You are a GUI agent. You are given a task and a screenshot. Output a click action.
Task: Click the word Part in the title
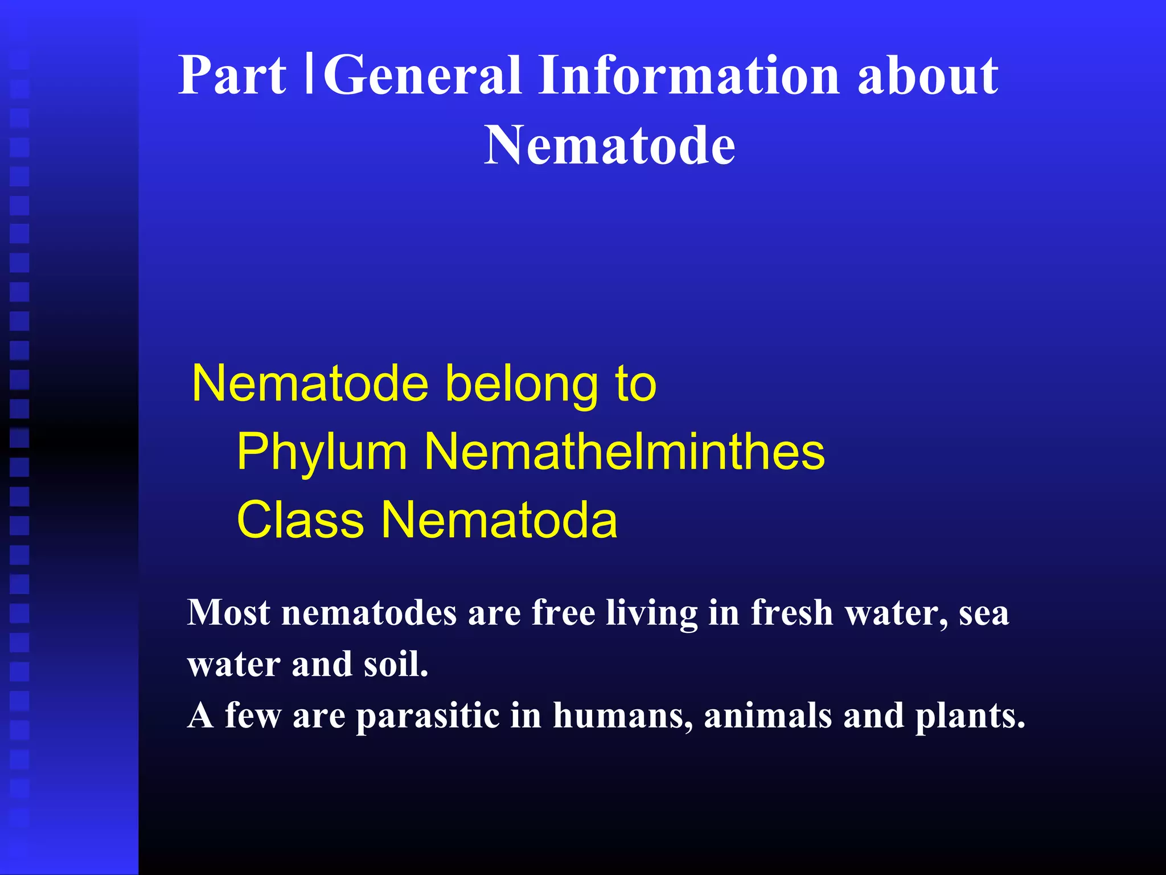pos(232,76)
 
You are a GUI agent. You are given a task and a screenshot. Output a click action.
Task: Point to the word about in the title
pos(927,76)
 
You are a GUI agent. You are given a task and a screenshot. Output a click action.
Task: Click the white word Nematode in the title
pos(610,146)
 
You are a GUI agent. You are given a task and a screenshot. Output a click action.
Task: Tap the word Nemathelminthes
pos(625,451)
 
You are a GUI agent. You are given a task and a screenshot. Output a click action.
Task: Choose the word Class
pos(300,520)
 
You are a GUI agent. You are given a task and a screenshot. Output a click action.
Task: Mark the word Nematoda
pos(499,520)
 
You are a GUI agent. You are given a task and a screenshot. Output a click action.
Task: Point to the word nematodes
pos(369,614)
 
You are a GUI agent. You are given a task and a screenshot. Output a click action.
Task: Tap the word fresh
pos(791,613)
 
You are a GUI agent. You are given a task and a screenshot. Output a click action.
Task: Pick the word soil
pos(396,664)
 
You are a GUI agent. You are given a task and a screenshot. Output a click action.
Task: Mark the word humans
pos(623,717)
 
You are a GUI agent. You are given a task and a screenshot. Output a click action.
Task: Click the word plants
pos(970,717)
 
